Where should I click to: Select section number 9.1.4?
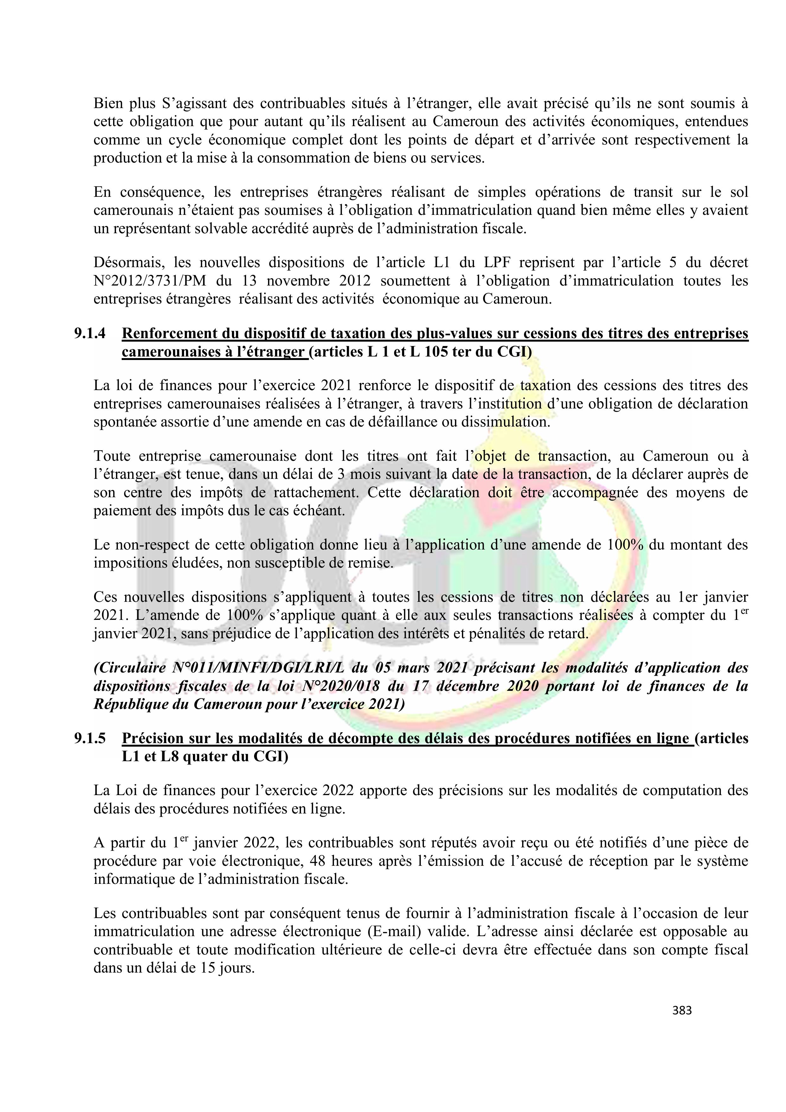click(x=90, y=334)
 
